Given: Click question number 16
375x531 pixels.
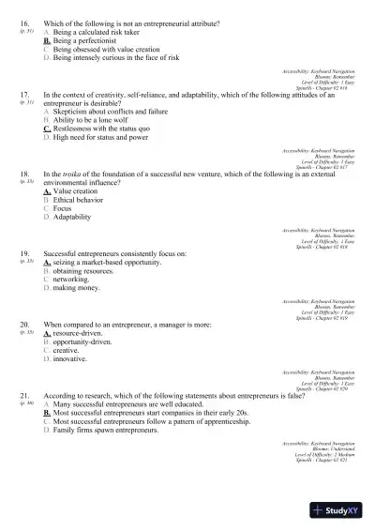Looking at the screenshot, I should tap(23, 21).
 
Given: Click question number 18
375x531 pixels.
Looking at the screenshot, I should tap(23, 174).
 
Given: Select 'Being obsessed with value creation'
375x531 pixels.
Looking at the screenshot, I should tap(106, 50).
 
